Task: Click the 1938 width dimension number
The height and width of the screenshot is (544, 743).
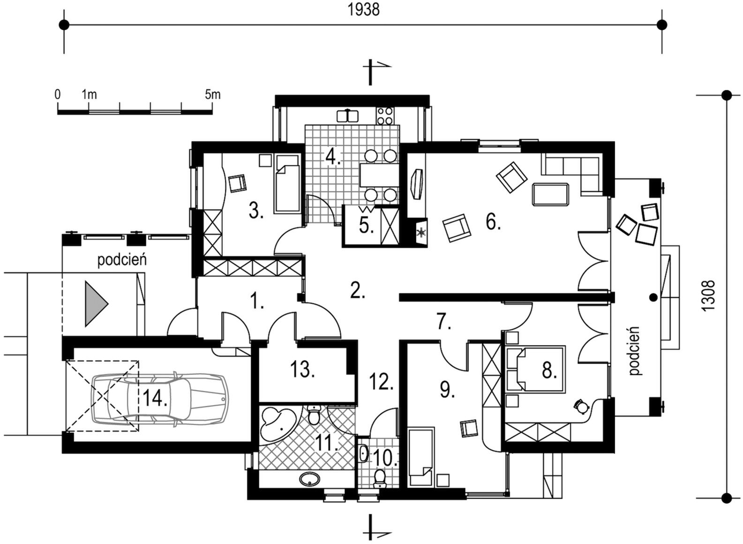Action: pyautogui.click(x=363, y=10)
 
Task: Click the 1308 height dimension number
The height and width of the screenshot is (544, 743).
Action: pyautogui.click(x=708, y=296)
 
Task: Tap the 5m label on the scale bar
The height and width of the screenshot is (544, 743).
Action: pyautogui.click(x=213, y=95)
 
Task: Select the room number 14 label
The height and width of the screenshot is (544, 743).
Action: pyautogui.click(x=155, y=398)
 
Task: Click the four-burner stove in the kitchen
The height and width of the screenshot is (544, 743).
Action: pyautogui.click(x=385, y=116)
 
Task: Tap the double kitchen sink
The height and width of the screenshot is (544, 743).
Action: pyautogui.click(x=348, y=116)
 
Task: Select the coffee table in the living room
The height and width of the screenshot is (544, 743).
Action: pyautogui.click(x=550, y=195)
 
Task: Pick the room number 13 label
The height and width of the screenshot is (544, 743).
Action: pyautogui.click(x=302, y=369)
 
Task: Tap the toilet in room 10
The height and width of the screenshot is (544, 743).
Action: pyautogui.click(x=379, y=479)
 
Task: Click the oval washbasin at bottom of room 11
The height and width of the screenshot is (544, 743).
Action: pyautogui.click(x=310, y=479)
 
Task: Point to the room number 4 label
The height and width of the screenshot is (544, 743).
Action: pyautogui.click(x=333, y=157)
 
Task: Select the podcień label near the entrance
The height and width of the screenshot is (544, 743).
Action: pyautogui.click(x=122, y=260)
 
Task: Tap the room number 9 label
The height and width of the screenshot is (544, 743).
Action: pyautogui.click(x=447, y=389)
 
